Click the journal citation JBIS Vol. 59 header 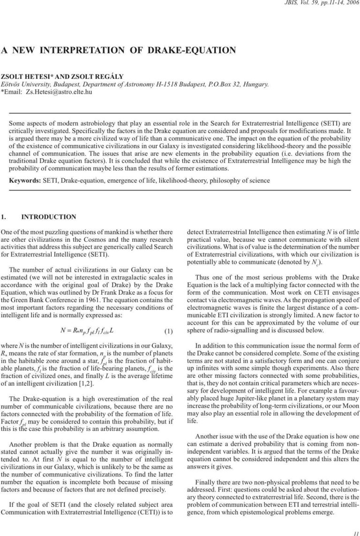pyautogui.click(x=323, y=4)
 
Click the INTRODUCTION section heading pyautogui.click(x=49, y=217)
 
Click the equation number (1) pyautogui.click(x=169, y=332)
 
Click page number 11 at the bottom pyautogui.click(x=355, y=528)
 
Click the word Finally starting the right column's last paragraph pyautogui.click(x=204, y=482)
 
